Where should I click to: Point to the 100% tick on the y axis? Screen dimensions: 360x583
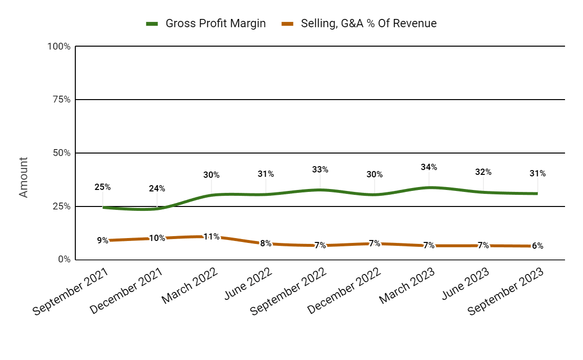[x=59, y=47]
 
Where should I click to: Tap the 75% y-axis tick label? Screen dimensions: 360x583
[x=61, y=100]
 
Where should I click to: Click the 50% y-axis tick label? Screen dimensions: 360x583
[x=61, y=153]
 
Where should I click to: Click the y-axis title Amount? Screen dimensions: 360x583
[x=23, y=177]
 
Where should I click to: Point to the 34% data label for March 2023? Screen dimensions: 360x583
[x=429, y=167]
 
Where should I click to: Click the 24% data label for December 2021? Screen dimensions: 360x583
[x=157, y=189]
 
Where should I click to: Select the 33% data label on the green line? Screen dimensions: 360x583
[x=320, y=170]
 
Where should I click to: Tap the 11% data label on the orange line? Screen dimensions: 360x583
[x=211, y=237]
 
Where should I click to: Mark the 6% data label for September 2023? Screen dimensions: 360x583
[x=537, y=246]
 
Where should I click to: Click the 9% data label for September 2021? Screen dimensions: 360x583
[x=103, y=240]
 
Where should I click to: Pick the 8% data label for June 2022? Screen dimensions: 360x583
[x=266, y=243]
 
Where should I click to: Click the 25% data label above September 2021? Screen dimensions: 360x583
[x=103, y=187]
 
